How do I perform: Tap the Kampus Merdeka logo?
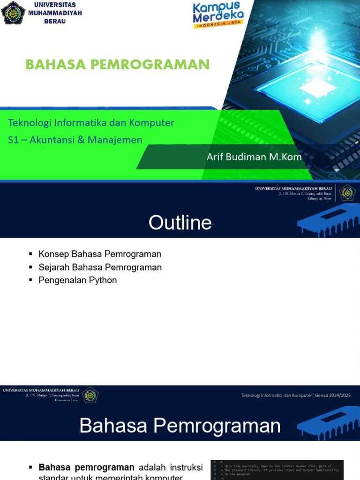tap(218, 15)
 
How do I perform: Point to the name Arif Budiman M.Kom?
tap(254, 157)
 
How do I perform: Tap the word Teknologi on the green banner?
tap(30, 123)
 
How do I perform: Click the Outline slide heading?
tap(180, 223)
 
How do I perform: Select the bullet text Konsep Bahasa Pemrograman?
tap(100, 254)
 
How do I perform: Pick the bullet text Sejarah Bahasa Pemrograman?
tap(100, 267)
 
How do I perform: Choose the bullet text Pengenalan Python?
tap(78, 280)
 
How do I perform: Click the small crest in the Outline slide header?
tap(347, 193)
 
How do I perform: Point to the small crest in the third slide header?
tap(90, 395)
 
